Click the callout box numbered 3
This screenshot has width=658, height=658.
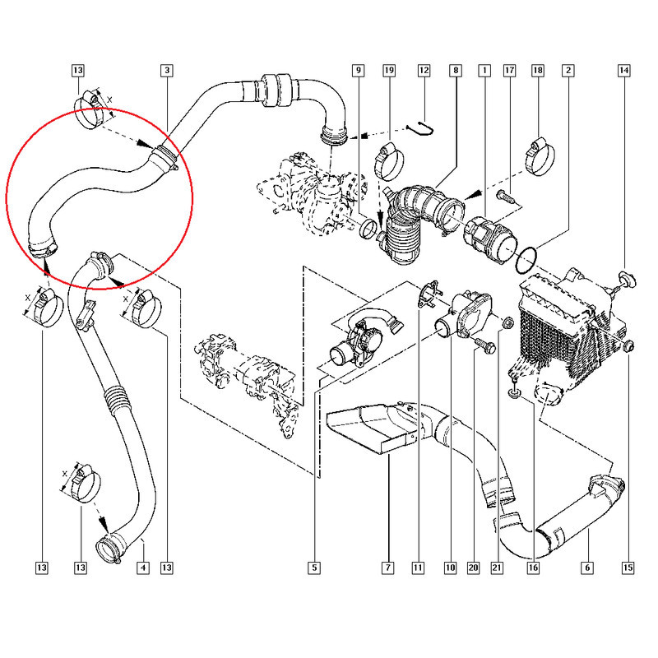coord(167,71)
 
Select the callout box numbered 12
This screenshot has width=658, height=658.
coord(424,71)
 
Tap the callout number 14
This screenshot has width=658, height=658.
coord(624,71)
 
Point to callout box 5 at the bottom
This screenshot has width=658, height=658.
coord(314,568)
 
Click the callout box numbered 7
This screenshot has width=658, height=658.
coord(387,568)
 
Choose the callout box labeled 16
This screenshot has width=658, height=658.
coord(533,568)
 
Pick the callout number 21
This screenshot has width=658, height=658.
coord(497,568)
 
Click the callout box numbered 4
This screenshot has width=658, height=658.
coord(143,568)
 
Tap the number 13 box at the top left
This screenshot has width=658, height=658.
coord(78,71)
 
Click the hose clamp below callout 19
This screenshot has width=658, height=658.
coord(388,161)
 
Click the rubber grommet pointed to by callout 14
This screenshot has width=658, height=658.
coord(626,279)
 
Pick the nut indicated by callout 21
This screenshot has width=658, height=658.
coord(507,323)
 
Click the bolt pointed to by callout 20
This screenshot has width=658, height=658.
coord(484,345)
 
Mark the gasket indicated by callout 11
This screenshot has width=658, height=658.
coord(428,294)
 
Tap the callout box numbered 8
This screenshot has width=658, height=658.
coord(456,71)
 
